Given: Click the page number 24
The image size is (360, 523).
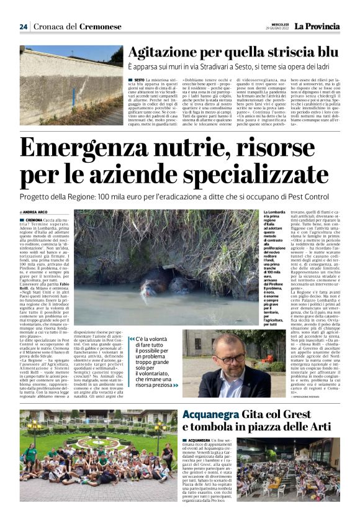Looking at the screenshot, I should click(24, 27).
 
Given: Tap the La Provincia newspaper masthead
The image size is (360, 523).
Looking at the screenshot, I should click(317, 27).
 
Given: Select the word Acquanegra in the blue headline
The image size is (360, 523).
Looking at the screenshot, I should click(214, 414).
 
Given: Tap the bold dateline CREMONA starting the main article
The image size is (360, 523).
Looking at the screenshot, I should click(34, 220).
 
